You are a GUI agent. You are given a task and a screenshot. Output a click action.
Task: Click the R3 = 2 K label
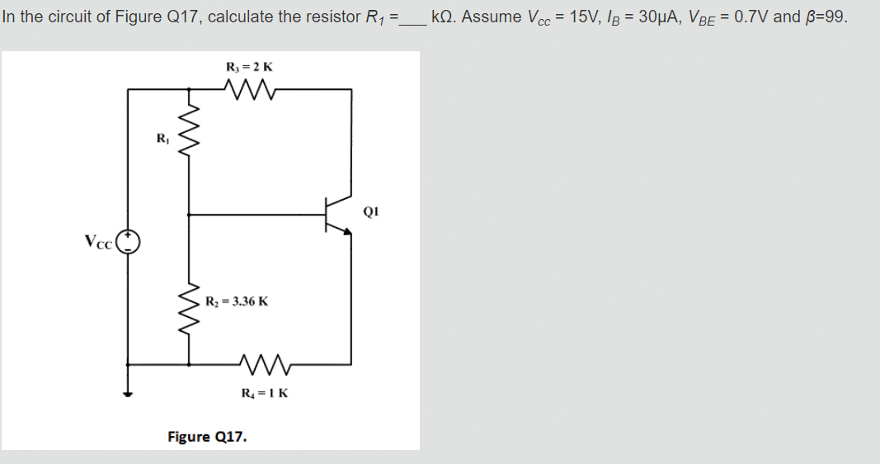tap(249, 66)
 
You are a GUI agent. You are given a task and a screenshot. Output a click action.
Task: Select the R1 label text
tap(162, 138)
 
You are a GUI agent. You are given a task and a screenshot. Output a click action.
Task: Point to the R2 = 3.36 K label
tap(236, 301)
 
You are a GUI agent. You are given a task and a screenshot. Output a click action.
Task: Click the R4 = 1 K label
tap(265, 392)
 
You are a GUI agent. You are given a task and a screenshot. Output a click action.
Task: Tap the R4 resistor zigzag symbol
tap(263, 362)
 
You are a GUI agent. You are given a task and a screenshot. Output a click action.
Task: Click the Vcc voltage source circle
tap(128, 242)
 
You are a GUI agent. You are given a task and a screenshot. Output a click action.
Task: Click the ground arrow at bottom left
tap(128, 392)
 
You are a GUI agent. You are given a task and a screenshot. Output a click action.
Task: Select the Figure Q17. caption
tap(207, 436)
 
